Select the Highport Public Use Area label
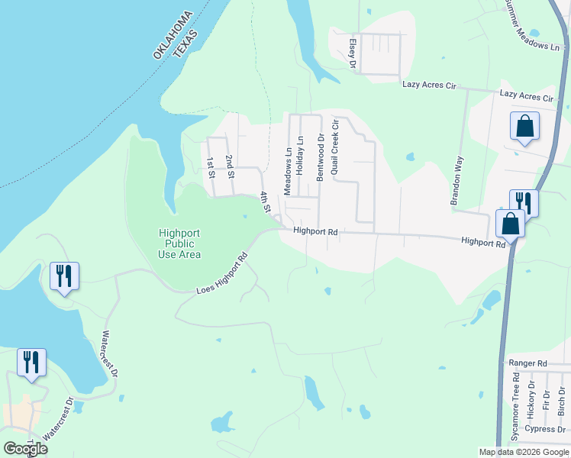(180, 244)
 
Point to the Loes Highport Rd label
(223, 274)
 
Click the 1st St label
(211, 166)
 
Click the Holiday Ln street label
(300, 156)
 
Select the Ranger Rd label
(527, 363)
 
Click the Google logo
(25, 449)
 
